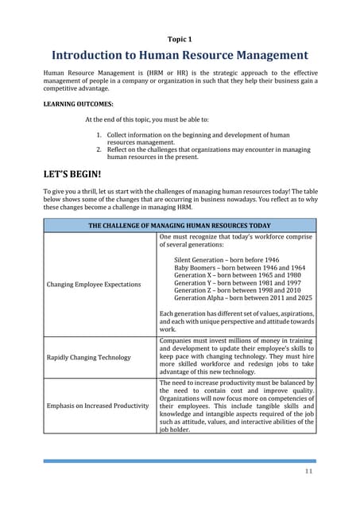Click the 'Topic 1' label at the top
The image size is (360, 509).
(179, 38)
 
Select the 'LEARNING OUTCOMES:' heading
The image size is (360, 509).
(78, 103)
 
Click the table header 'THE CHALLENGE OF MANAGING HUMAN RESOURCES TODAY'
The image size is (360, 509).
(179, 226)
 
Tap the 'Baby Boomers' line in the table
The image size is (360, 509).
(234, 268)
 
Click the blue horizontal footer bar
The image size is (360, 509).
(179, 460)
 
